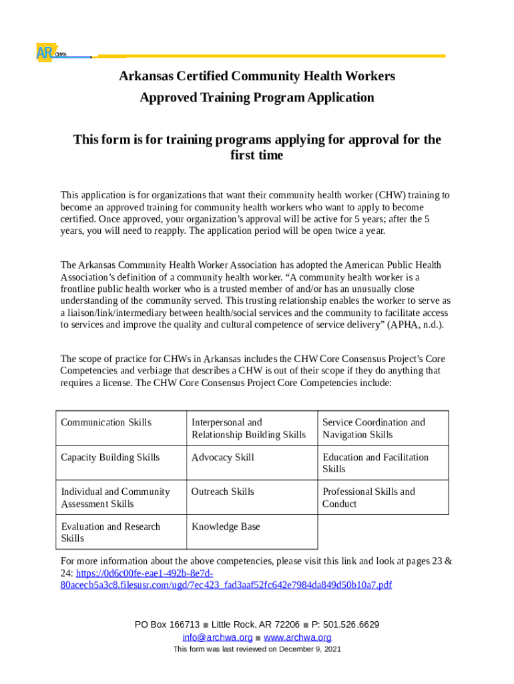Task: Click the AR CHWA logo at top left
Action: pos(50,53)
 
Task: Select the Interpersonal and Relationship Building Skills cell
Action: pos(248,428)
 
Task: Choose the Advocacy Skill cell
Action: pos(223,457)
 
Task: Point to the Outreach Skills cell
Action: pos(223,492)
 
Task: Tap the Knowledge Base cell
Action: pos(226,526)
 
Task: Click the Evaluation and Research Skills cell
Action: pos(110,532)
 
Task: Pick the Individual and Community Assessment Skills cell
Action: pos(115,498)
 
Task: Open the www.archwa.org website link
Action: pos(298,637)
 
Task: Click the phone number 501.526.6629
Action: pos(350,625)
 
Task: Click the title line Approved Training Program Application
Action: pos(257,98)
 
